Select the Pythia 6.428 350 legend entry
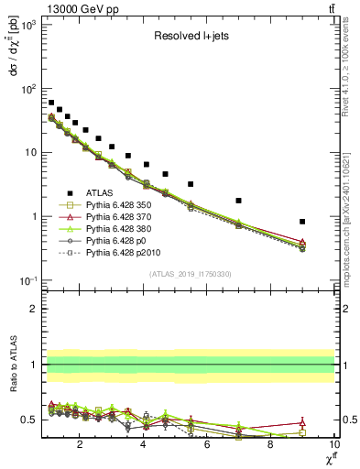click(120, 204)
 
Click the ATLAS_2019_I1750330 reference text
click(189, 274)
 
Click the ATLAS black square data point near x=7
click(238, 201)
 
